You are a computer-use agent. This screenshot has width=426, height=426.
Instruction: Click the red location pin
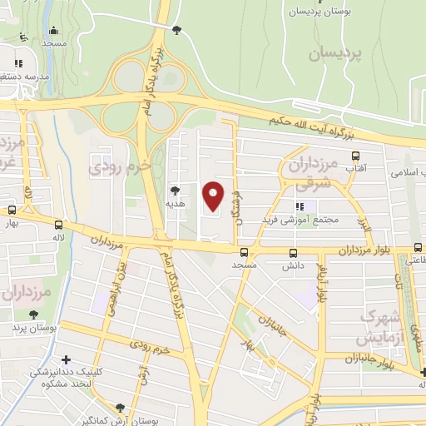tap(214, 195)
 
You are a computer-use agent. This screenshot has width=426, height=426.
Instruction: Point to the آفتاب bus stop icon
tap(356, 156)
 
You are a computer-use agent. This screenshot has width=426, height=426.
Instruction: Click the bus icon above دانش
tap(292, 253)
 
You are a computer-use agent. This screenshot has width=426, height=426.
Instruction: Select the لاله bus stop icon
tap(58, 225)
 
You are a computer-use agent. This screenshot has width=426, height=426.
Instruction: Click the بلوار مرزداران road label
tap(364, 250)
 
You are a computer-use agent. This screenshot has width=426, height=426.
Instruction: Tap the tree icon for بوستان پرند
tap(32, 315)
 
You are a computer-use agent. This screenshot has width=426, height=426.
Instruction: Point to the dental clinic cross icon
tap(66, 359)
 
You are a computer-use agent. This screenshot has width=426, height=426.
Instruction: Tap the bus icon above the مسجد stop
tap(244, 252)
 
